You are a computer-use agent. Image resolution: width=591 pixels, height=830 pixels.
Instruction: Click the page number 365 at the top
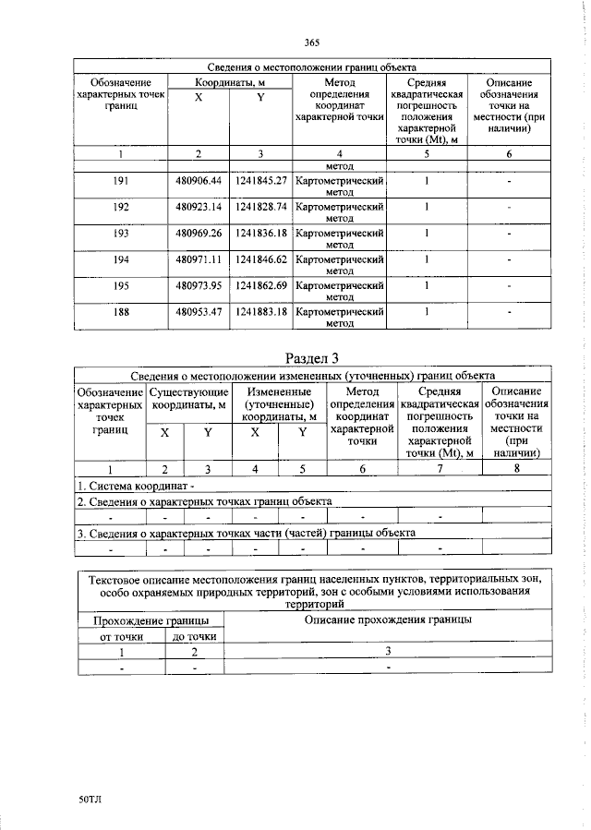click(310, 42)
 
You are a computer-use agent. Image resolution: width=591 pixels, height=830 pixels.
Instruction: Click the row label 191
click(121, 182)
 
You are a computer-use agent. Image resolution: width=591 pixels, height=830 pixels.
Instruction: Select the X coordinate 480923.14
click(199, 208)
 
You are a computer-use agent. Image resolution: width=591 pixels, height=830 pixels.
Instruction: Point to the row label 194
click(121, 261)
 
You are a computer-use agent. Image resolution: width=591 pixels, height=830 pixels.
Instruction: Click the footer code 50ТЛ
click(90, 799)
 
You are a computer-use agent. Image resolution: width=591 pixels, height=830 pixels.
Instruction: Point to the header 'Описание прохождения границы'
click(389, 619)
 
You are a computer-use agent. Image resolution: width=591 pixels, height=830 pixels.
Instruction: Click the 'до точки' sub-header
click(194, 636)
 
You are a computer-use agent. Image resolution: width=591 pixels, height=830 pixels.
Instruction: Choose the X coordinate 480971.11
click(199, 261)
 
